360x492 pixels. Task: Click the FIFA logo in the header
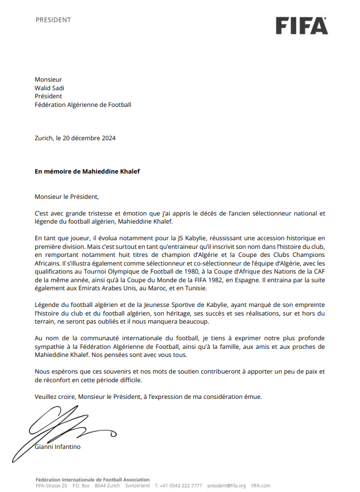click(x=301, y=25)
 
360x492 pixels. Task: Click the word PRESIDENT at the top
click(x=53, y=20)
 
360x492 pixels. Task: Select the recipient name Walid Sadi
click(x=49, y=88)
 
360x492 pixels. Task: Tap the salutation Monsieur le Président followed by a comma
click(x=63, y=196)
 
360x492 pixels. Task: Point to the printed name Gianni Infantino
click(x=58, y=447)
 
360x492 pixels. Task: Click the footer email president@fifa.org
click(x=226, y=486)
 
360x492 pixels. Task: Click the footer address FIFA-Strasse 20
click(x=51, y=486)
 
